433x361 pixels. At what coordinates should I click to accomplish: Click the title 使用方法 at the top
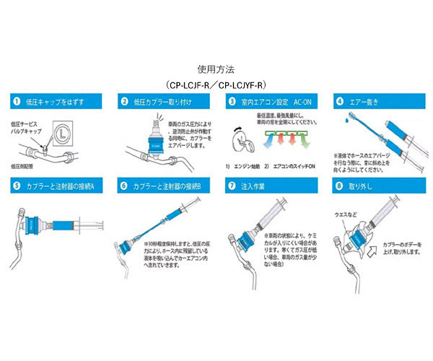tap(216, 70)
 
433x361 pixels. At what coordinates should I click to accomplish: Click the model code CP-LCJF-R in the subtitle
tap(191, 84)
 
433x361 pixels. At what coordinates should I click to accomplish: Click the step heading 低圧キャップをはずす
tap(51, 103)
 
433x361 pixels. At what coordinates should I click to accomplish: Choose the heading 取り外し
tap(362, 186)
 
